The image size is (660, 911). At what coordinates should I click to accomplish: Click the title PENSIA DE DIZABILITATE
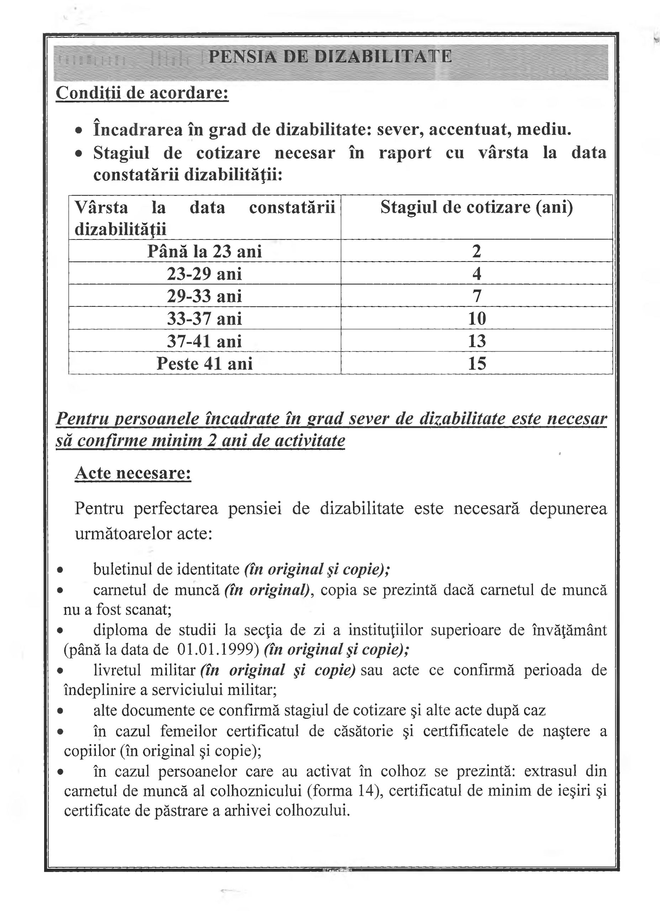[x=330, y=57]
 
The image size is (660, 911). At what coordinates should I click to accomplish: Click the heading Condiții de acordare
[x=142, y=93]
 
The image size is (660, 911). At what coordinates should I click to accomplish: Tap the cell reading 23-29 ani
[x=205, y=274]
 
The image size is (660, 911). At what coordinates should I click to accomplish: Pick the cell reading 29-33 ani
[x=205, y=296]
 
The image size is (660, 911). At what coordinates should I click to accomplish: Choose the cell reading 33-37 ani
[x=205, y=319]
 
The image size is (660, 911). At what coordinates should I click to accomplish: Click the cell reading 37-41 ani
[x=205, y=341]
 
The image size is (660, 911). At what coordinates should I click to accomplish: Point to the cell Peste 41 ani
[x=205, y=364]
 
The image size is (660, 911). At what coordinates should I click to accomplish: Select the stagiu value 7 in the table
[x=476, y=296]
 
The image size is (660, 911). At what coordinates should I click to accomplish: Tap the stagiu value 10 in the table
[x=477, y=319]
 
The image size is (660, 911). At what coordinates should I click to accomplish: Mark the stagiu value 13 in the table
[x=477, y=341]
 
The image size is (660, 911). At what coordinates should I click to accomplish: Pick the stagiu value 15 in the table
[x=477, y=364]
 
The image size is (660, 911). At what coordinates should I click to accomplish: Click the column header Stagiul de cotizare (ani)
[x=476, y=207]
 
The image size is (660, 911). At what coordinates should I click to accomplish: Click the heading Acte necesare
[x=133, y=473]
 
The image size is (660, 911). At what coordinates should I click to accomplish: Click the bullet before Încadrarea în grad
[x=80, y=131]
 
